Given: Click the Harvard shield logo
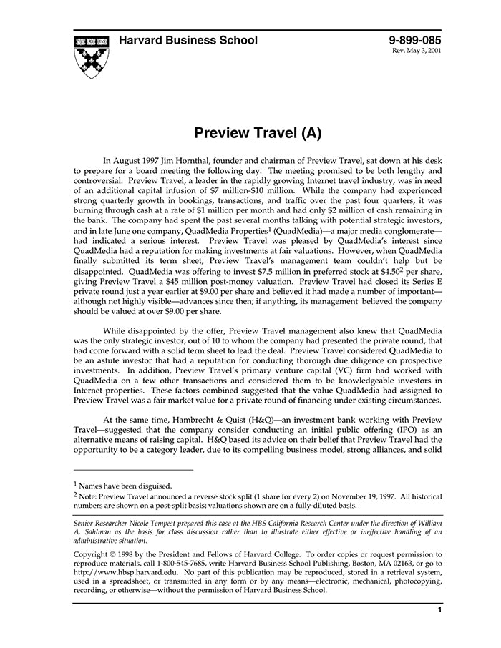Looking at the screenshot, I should (x=91, y=56).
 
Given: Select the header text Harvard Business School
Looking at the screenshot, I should (x=188, y=40).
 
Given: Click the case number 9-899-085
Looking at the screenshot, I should (x=415, y=40).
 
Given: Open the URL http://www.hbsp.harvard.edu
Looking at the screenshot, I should (x=120, y=573).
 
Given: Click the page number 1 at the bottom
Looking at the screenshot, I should (x=439, y=610).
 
